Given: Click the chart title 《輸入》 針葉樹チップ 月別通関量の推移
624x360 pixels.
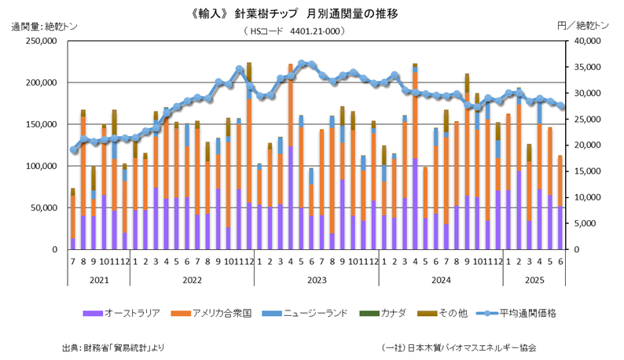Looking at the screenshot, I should point(311,13).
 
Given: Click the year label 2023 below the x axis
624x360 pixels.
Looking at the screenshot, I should point(316,278).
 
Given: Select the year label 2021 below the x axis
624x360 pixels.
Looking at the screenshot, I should point(98,278).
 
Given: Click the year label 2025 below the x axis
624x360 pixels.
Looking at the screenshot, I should point(534,278).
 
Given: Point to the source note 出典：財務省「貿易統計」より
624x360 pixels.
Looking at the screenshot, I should point(113,347).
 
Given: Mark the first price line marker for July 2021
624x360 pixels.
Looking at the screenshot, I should point(73,149).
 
